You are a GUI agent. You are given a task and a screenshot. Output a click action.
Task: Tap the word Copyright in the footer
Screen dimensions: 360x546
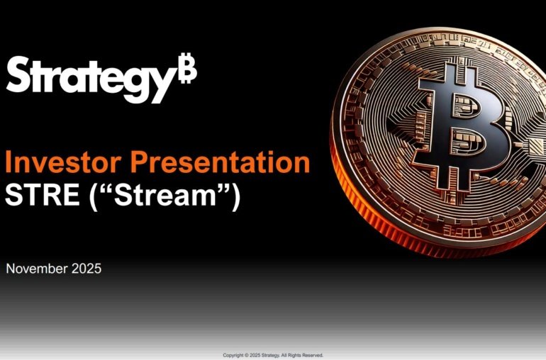(235, 355)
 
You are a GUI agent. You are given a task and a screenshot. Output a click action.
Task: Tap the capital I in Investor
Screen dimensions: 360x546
(9, 163)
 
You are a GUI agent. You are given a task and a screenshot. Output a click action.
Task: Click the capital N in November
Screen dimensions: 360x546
(10, 269)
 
